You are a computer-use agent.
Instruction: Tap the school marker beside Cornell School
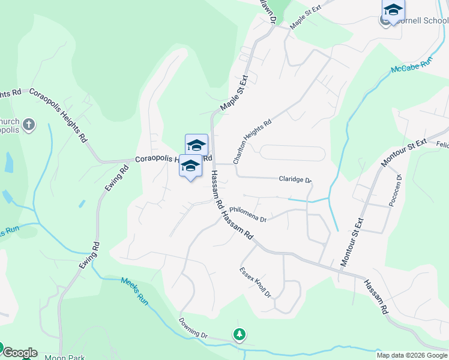coord(393,10)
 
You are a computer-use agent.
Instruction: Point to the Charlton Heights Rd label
coord(252,141)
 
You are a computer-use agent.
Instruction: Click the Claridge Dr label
coord(295,179)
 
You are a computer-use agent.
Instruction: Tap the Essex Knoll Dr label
coord(256,282)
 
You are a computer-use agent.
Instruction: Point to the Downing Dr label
coord(192,328)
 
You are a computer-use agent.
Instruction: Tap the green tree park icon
coord(240,334)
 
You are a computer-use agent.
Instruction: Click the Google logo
coord(19,353)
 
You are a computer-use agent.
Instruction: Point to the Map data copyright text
coord(412,355)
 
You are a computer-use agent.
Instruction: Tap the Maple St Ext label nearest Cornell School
coord(306,17)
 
